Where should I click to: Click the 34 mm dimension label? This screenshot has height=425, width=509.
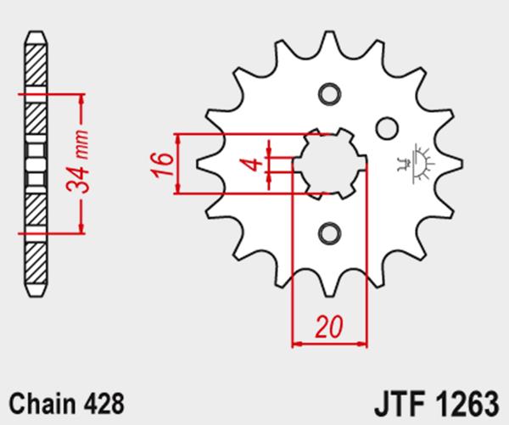coord(77,162)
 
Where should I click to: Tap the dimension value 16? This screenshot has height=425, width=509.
coord(161,165)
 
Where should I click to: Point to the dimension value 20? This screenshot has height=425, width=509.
coord(329,326)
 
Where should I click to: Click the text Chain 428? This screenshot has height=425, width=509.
coord(66,404)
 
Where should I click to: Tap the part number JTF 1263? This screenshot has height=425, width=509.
coord(436,405)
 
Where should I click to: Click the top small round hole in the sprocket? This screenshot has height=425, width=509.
coord(329,94)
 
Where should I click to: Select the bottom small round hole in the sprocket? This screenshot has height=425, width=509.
coord(329,233)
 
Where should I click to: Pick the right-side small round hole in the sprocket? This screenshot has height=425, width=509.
coord(387,129)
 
